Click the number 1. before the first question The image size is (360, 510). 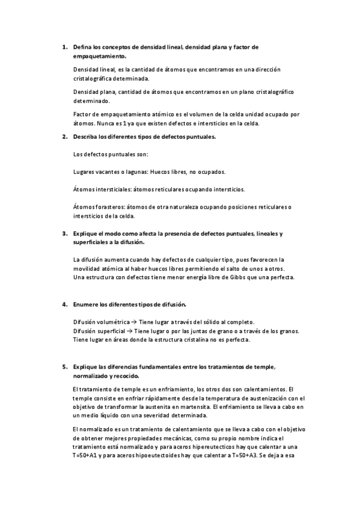coord(65,46)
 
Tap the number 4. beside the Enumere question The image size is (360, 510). coord(65,304)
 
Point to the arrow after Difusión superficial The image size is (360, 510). coord(130,331)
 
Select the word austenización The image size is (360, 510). coord(257,398)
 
